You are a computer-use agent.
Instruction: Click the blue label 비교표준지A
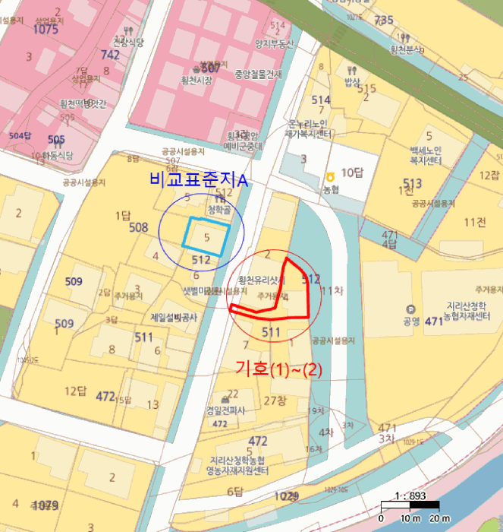pyautogui.click(x=200, y=180)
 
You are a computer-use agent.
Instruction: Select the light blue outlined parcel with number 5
pyautogui.click(x=206, y=236)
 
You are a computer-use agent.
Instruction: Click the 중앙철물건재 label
pyautogui.click(x=257, y=74)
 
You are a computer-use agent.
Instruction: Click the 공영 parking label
pyautogui.click(x=412, y=321)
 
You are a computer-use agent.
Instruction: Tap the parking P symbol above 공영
pyautogui.click(x=411, y=309)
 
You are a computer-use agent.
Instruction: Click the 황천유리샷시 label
pyautogui.click(x=260, y=280)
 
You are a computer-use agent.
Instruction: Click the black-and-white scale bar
pyautogui.click(x=410, y=505)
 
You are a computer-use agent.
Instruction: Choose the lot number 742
pyautogui.click(x=110, y=55)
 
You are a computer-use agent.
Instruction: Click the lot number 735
pyautogui.click(x=384, y=20)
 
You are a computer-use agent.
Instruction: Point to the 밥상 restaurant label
pyautogui.click(x=351, y=81)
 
